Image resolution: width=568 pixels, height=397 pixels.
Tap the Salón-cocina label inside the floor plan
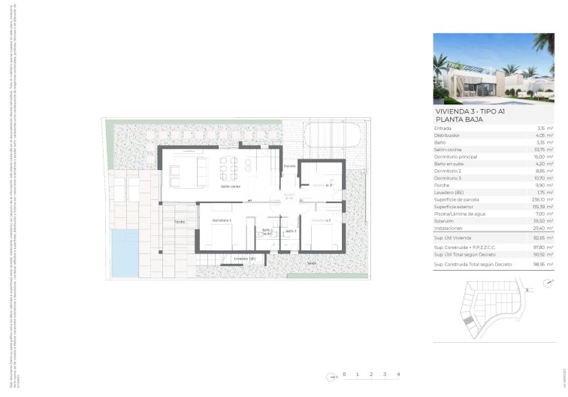pyautogui.click(x=230, y=186)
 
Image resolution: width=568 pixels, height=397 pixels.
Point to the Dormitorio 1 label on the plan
pyautogui.click(x=222, y=220)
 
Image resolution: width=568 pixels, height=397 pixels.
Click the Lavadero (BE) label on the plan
pyautogui.click(x=245, y=258)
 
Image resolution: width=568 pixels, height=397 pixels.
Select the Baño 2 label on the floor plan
pyautogui.click(x=291, y=231)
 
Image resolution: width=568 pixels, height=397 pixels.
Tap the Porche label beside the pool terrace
pyautogui.click(x=180, y=222)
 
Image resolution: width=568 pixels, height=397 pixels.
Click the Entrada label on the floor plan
pyautogui.click(x=290, y=165)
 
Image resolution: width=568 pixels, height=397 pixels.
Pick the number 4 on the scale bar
pyautogui.click(x=398, y=374)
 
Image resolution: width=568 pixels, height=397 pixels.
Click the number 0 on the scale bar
pyautogui.click(x=344, y=374)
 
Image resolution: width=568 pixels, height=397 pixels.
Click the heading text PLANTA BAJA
pyautogui.click(x=461, y=119)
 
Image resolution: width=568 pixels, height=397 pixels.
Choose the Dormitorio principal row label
pyautogui.click(x=456, y=156)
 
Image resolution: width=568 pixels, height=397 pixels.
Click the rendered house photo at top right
pyautogui.click(x=494, y=68)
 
